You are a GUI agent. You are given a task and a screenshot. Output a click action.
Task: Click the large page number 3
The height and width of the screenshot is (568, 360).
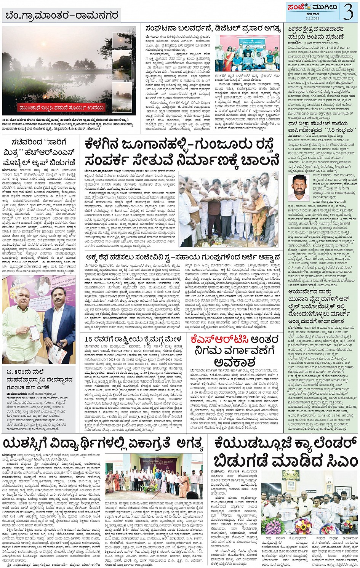point(348,12)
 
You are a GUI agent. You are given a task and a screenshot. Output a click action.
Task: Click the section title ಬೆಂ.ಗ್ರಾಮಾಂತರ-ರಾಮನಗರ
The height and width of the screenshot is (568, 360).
point(62,16)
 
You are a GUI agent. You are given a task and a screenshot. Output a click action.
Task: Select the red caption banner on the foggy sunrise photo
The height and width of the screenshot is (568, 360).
point(62,108)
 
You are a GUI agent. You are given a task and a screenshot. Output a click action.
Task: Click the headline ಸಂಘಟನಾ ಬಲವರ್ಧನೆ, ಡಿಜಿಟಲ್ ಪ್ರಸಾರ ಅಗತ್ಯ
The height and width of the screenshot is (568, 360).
point(213,29)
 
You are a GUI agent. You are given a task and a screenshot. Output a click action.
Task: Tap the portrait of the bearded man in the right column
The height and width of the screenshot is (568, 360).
point(299,188)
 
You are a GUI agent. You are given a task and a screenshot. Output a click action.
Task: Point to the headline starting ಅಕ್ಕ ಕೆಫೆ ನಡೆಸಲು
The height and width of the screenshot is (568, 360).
point(183,257)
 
